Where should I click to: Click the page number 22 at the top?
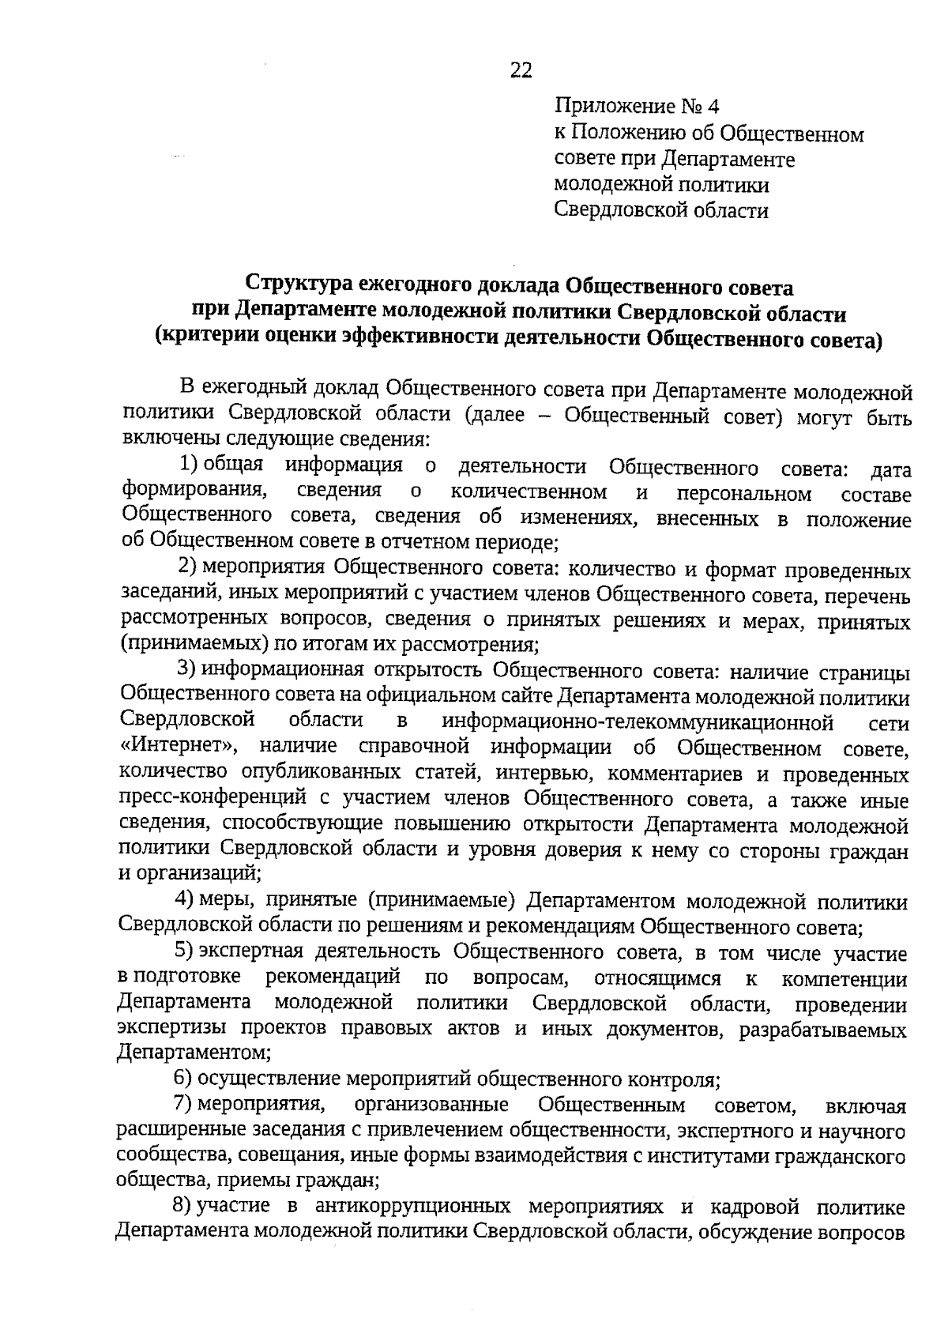[521, 71]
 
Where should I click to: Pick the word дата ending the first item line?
[890, 471]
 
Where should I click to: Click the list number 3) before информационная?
[186, 669]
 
